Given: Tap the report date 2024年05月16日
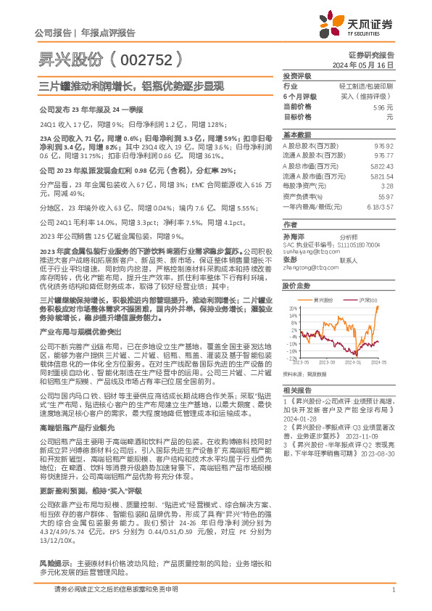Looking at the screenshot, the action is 370,65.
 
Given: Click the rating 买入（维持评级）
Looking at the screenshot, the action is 369,96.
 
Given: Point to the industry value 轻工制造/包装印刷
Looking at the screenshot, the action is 367,86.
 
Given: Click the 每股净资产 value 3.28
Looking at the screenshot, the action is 388,186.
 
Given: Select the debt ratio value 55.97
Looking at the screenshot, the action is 386,196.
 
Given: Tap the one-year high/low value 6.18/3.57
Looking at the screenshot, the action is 381,206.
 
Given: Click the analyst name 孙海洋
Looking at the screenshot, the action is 292,237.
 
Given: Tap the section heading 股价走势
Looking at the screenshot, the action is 296,287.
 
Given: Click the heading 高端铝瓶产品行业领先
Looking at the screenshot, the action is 75,428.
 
